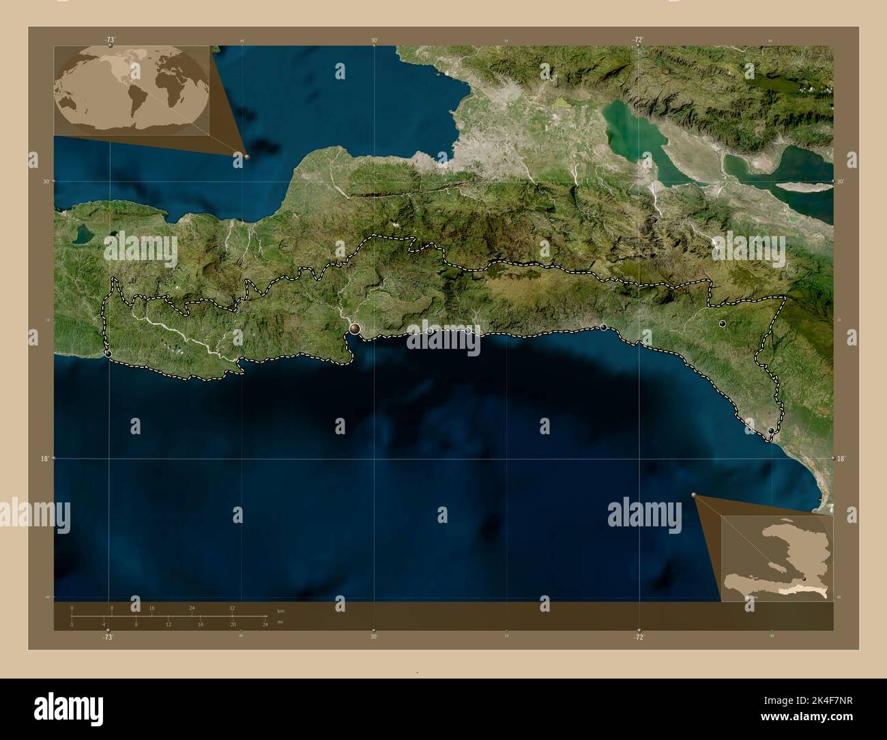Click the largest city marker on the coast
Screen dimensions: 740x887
pyautogui.click(x=355, y=329)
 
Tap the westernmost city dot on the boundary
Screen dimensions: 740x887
pyautogui.click(x=108, y=354)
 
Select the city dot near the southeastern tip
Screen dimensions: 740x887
pyautogui.click(x=771, y=431)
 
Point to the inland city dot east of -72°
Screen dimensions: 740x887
pyautogui.click(x=722, y=324)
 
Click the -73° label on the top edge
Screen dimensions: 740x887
pyautogui.click(x=109, y=40)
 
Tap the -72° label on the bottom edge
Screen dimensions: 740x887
pyautogui.click(x=638, y=637)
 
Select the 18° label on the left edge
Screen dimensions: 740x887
pyautogui.click(x=44, y=459)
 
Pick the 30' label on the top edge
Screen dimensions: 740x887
pyautogui.click(x=374, y=41)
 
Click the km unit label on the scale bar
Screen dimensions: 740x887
pyautogui.click(x=280, y=610)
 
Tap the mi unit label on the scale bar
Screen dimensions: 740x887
pyautogui.click(x=280, y=622)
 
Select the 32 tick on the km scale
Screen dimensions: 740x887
pyautogui.click(x=232, y=608)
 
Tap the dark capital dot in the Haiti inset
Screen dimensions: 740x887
pyautogui.click(x=804, y=578)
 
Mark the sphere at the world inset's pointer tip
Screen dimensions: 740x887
pyautogui.click(x=246, y=156)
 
